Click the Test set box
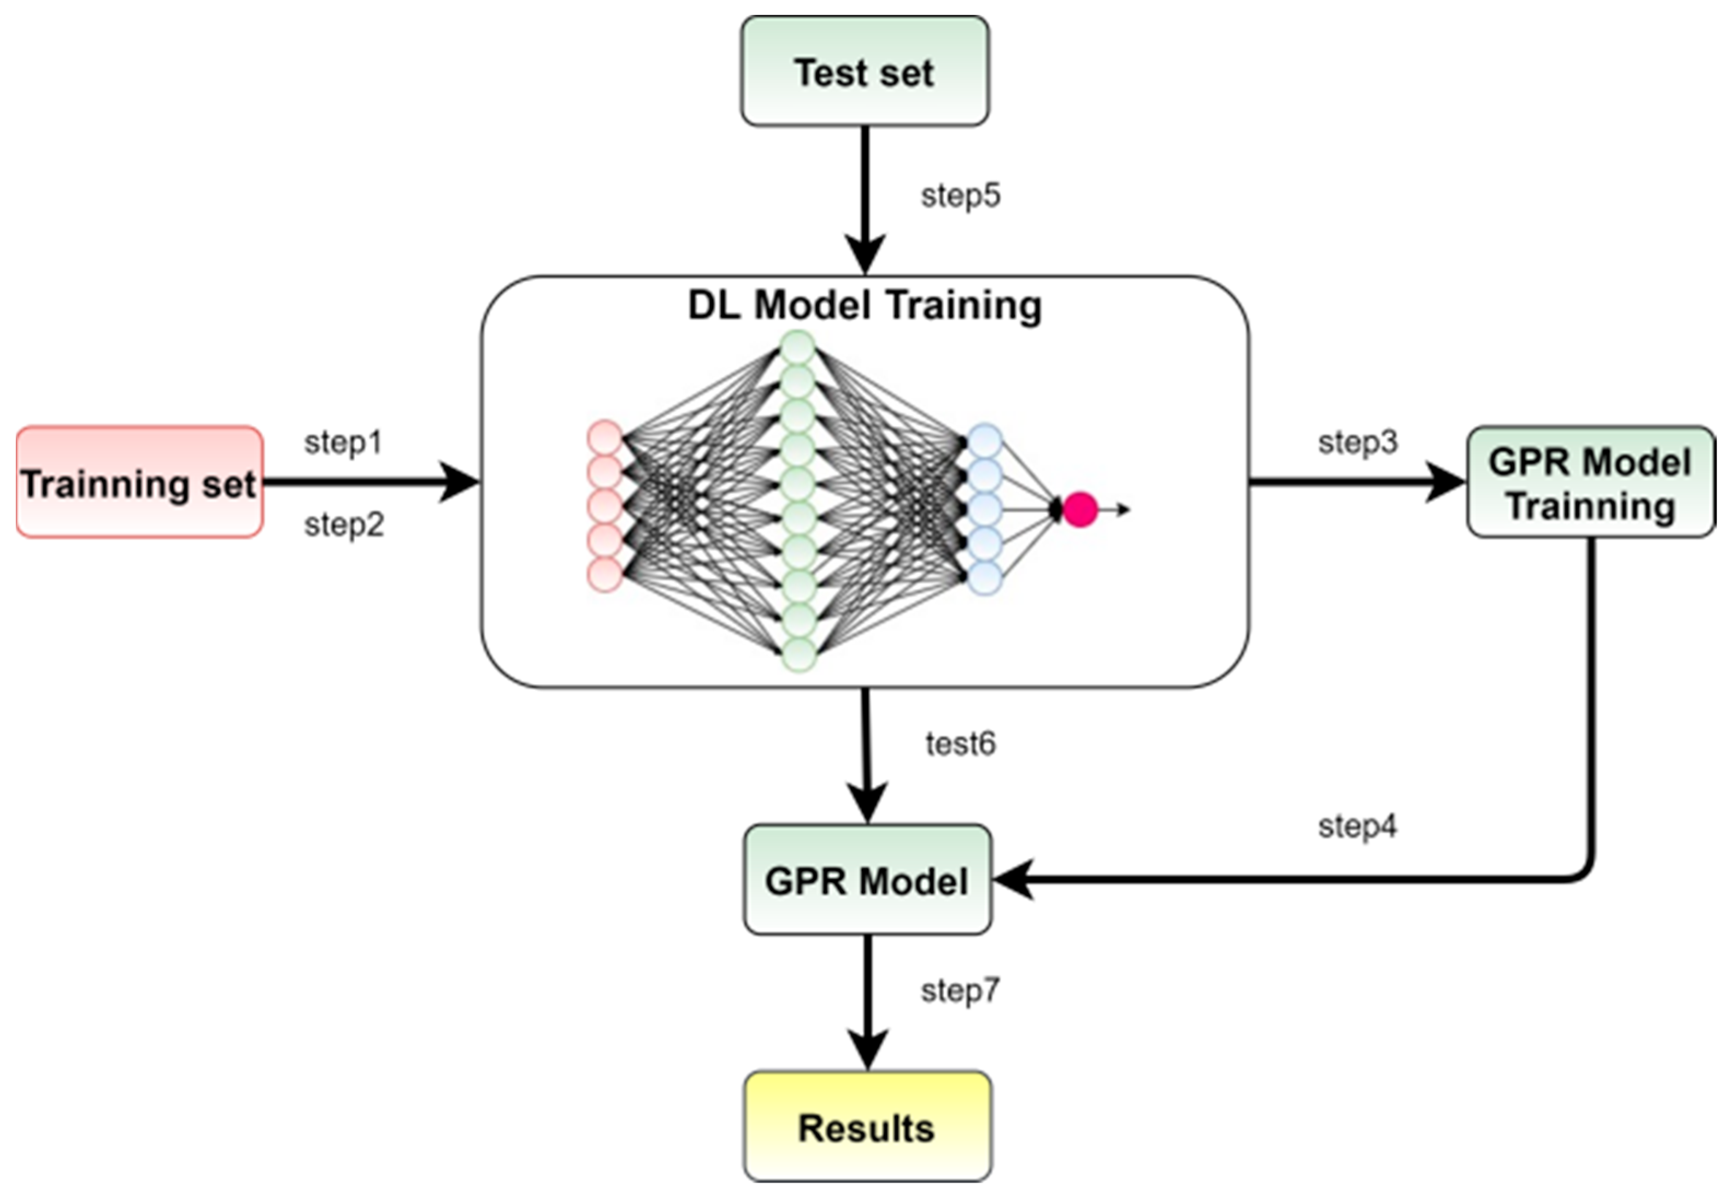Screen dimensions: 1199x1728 [x=865, y=72]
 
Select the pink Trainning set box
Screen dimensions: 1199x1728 [x=139, y=482]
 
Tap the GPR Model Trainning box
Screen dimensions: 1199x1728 [x=1590, y=482]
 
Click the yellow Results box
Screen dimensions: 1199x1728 [x=867, y=1127]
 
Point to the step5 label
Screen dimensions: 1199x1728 [x=961, y=196]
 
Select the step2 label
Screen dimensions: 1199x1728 [x=344, y=524]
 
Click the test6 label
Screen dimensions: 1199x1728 [x=960, y=744]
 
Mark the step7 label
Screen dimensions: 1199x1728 [x=960, y=990]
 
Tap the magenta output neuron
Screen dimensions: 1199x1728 [x=1080, y=509]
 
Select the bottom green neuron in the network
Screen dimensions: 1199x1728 [x=798, y=654]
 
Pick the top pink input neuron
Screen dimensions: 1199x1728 [x=605, y=438]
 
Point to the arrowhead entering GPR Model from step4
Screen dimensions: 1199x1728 [x=1011, y=879]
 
